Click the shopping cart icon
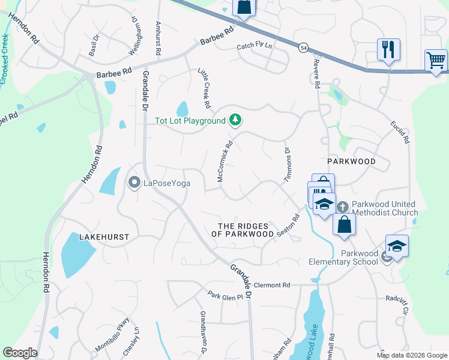436,60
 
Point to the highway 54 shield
304,47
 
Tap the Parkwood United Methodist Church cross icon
342,207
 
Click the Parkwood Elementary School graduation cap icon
397,246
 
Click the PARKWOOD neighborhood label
351,161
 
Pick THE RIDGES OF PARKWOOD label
246,230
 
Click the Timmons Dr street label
287,164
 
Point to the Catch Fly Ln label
254,46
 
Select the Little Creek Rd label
205,88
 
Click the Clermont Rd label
272,285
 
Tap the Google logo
20,353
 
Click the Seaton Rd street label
288,226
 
